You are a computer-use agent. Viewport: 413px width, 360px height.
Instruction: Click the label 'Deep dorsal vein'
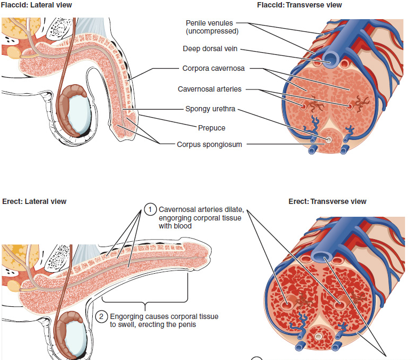(210, 49)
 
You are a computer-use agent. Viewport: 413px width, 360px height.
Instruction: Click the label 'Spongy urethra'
(210, 109)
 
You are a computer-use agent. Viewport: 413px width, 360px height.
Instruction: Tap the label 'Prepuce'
(212, 128)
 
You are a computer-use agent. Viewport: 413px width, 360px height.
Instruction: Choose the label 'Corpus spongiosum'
(210, 144)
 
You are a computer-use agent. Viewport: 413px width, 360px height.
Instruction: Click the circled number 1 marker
(151, 210)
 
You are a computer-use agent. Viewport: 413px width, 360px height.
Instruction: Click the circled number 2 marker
(102, 316)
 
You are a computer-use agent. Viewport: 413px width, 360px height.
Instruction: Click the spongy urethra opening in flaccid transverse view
(329, 140)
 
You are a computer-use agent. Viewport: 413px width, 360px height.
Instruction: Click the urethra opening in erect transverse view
(319, 337)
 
